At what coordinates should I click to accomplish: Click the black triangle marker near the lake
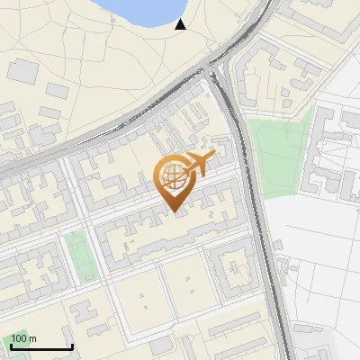tap(180, 24)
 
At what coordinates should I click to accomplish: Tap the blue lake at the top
tap(144, 11)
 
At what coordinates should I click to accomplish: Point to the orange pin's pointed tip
tap(172, 212)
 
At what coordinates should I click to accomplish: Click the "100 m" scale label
tap(24, 338)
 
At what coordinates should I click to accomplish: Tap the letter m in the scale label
tap(32, 338)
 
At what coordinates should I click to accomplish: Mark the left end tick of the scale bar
tap(10, 346)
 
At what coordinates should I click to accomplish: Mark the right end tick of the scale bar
tap(72, 346)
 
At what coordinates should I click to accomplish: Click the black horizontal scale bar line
tap(40, 347)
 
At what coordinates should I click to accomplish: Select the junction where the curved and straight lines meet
tap(216, 72)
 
